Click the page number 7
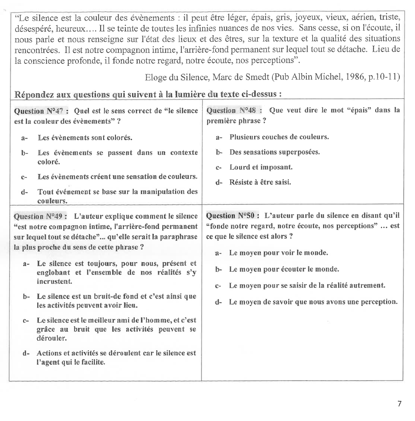pyautogui.click(x=400, y=404)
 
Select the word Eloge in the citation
pyautogui.click(x=156, y=77)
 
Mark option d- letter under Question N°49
pyautogui.click(x=26, y=353)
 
